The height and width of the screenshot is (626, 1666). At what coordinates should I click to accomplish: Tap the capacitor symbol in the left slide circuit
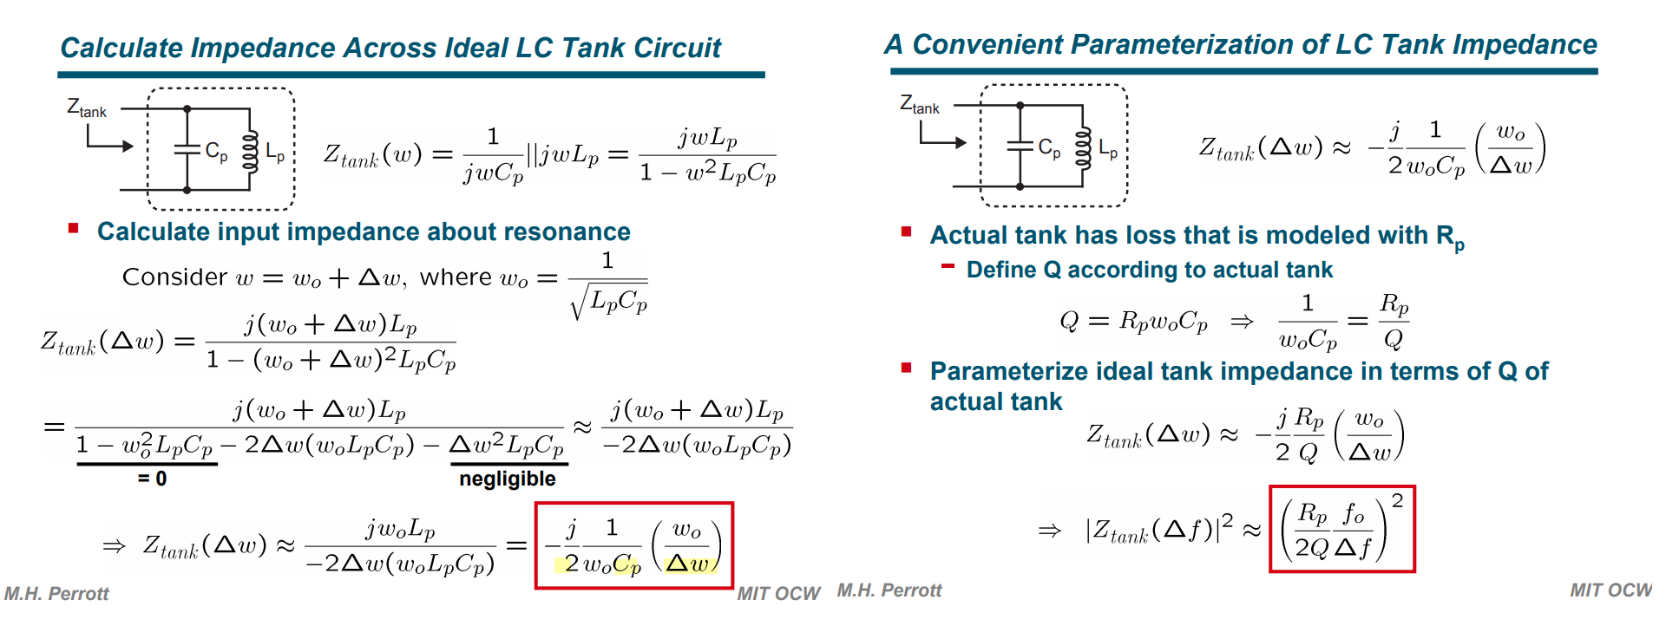tap(187, 149)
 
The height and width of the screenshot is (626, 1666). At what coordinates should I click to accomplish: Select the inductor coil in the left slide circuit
tap(250, 151)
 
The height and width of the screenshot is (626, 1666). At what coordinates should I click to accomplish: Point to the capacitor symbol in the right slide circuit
tap(1020, 146)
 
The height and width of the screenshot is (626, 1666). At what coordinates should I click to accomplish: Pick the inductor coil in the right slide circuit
tap(1083, 147)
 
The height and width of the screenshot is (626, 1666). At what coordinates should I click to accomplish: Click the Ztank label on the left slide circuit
tap(87, 108)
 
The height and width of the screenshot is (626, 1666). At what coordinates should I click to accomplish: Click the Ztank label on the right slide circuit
tap(920, 105)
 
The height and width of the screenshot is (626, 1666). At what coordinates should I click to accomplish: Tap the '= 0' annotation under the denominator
tap(152, 479)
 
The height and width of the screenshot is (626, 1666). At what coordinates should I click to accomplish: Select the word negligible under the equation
tap(508, 479)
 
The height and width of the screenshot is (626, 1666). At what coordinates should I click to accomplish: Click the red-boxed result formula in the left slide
tap(634, 546)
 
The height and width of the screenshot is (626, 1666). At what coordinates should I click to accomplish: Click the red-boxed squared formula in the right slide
tap(1342, 529)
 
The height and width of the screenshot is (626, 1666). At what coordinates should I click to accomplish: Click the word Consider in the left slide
tap(174, 277)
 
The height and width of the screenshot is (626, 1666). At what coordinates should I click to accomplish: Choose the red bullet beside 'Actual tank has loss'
tap(906, 231)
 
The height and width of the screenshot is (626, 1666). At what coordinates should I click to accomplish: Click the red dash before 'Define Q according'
tap(948, 266)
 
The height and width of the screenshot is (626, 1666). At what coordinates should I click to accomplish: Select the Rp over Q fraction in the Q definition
tap(1394, 321)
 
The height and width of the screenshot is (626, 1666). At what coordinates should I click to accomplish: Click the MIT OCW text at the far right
tap(1610, 590)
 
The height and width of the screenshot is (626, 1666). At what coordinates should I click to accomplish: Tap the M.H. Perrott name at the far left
tap(56, 594)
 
